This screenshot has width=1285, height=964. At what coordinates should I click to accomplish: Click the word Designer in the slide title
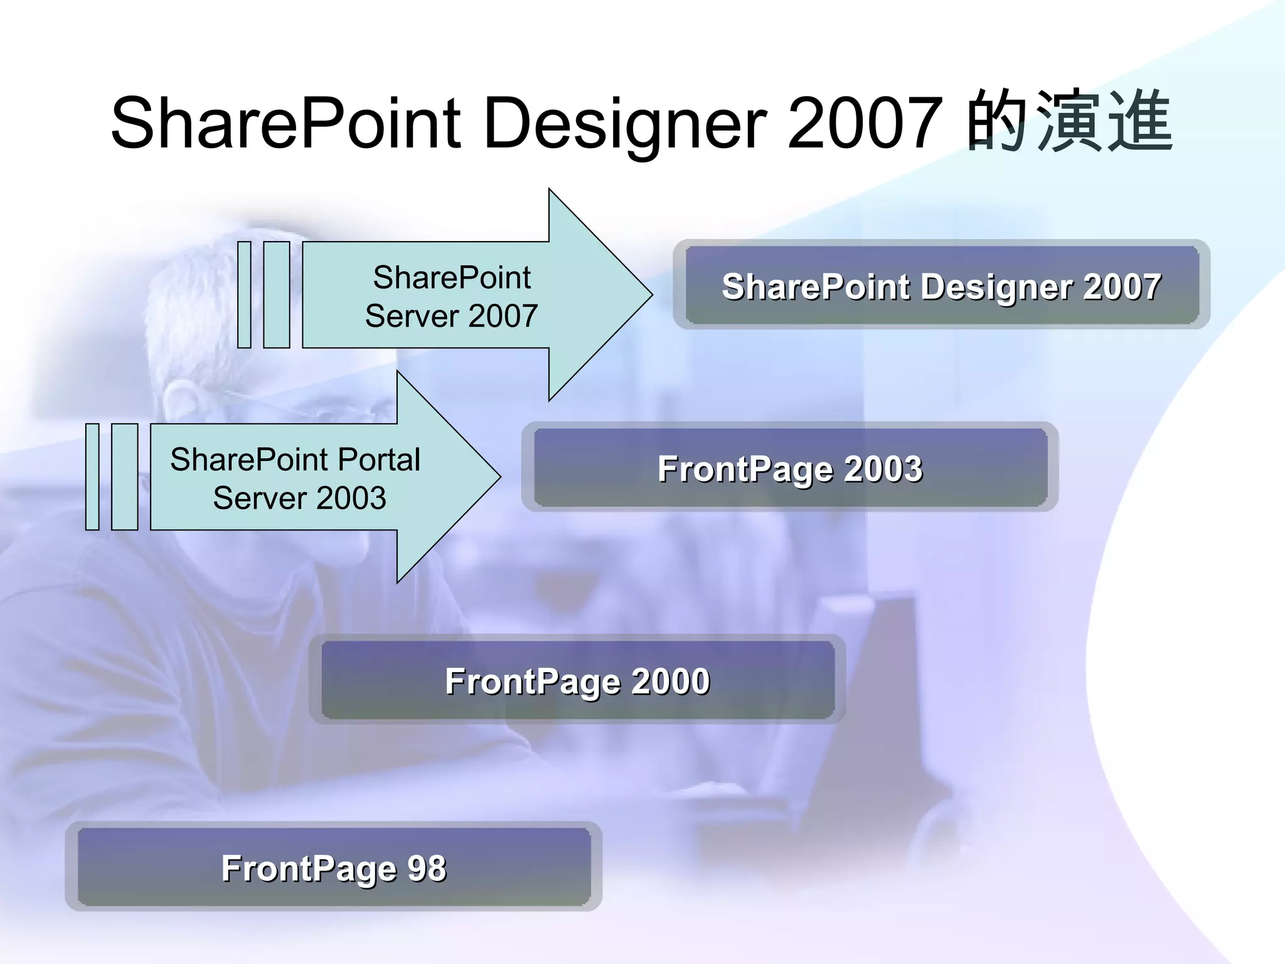[625, 124]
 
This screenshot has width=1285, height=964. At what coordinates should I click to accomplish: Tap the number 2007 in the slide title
[865, 123]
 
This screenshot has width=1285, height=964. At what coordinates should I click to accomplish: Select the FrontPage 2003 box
[790, 468]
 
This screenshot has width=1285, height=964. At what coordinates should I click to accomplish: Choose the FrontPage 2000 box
[577, 680]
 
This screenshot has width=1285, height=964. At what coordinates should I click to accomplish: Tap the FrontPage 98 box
[334, 867]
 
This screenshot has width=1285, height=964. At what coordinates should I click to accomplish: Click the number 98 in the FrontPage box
[427, 869]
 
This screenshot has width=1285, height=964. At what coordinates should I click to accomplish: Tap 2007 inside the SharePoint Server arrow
[503, 316]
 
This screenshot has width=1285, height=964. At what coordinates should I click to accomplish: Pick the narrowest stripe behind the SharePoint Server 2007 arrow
[245, 294]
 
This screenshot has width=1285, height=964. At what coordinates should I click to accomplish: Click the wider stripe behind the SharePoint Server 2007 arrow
[277, 294]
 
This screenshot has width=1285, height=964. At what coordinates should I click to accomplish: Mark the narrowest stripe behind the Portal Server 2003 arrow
[92, 477]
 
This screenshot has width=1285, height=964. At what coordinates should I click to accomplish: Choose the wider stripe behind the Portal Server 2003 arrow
[124, 477]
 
